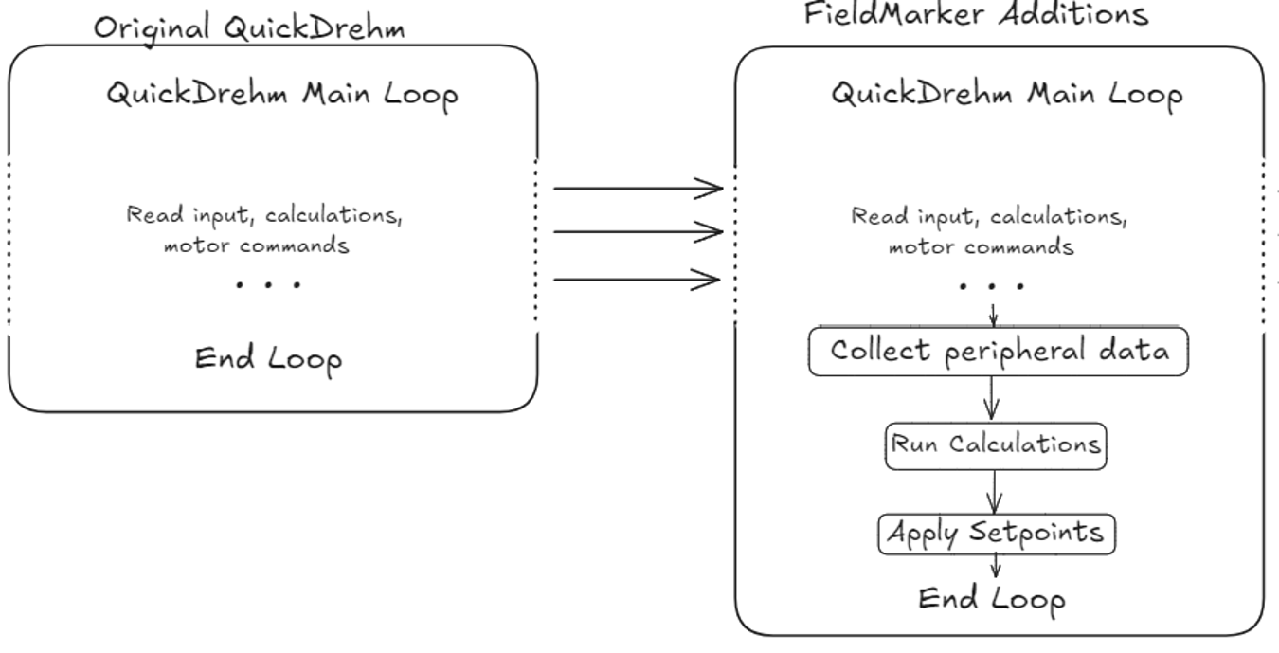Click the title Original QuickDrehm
pyautogui.click(x=249, y=28)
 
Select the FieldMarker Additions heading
pyautogui.click(x=976, y=14)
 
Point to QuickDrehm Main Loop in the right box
pyautogui.click(x=1006, y=95)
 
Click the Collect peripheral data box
pyautogui.click(x=999, y=351)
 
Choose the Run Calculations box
pyautogui.click(x=995, y=444)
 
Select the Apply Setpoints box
pyautogui.click(x=995, y=533)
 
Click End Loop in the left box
pyautogui.click(x=268, y=359)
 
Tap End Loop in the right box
pyautogui.click(x=991, y=599)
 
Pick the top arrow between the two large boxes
pyautogui.click(x=638, y=188)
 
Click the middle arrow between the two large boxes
pyautogui.click(x=638, y=231)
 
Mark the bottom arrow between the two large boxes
pyautogui.click(x=638, y=280)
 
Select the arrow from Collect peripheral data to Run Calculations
pyautogui.click(x=992, y=398)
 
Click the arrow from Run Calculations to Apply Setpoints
pyautogui.click(x=994, y=491)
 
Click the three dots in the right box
pyautogui.click(x=992, y=286)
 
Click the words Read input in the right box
pyautogui.click(x=886, y=217)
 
